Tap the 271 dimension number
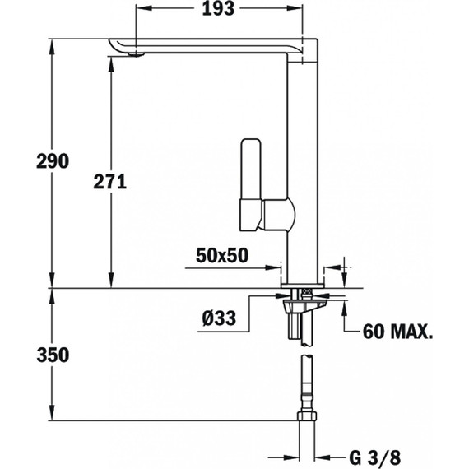(x=108, y=183)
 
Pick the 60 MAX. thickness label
(x=398, y=332)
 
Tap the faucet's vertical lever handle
(x=250, y=185)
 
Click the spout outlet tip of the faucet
(x=132, y=54)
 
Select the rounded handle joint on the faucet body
(x=278, y=216)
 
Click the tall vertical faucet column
(x=304, y=165)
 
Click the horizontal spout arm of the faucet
(x=214, y=47)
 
